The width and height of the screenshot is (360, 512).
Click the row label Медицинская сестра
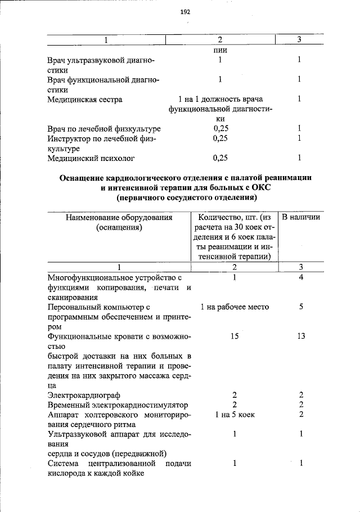pos(84,100)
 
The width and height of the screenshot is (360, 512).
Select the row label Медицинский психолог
pos(91,158)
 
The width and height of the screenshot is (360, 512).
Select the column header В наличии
pos(301,217)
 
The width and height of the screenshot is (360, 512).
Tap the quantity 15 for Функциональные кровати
pos(236,336)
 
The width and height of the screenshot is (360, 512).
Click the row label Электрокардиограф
pos(84,396)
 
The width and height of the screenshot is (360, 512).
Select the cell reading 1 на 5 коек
pos(235,415)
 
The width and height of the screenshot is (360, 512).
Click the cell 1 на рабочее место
pos(235,307)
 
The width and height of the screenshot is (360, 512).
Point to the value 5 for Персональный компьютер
pos(301,307)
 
